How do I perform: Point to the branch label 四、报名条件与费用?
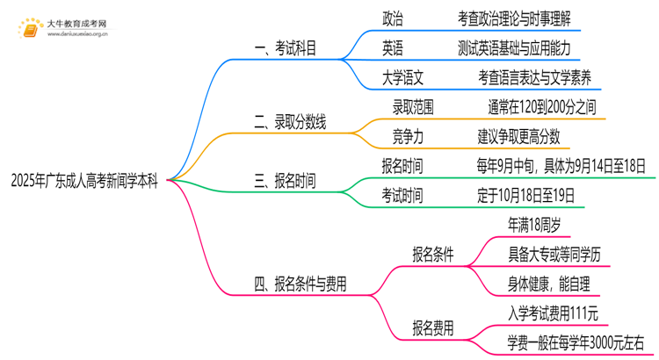tap(300, 284)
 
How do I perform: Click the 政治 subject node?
tap(394, 18)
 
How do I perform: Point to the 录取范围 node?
tap(412, 106)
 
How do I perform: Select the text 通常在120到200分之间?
tap(542, 106)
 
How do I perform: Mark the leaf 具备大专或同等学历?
tap(554, 255)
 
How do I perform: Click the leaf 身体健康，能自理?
tap(549, 284)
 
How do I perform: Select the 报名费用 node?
tap(433, 329)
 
